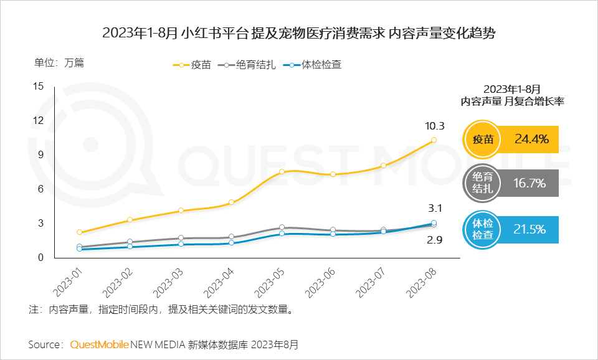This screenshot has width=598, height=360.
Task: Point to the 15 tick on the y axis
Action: coord(38,87)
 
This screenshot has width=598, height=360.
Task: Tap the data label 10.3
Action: coord(434,126)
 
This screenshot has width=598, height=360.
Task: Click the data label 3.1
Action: coord(435,209)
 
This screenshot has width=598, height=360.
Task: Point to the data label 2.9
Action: coord(434,240)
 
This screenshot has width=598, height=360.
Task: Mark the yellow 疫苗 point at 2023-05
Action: coord(282,171)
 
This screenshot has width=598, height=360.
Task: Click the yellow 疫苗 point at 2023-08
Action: coord(434,140)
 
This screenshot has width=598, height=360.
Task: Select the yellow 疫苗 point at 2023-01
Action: coord(80,232)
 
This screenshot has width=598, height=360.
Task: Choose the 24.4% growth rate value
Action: coord(531,140)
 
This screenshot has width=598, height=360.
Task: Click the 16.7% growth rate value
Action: coord(529,183)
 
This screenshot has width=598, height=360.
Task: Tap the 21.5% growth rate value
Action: coord(529,228)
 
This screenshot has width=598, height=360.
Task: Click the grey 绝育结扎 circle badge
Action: coord(483,183)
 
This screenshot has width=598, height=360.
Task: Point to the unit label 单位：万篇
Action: coord(59,62)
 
